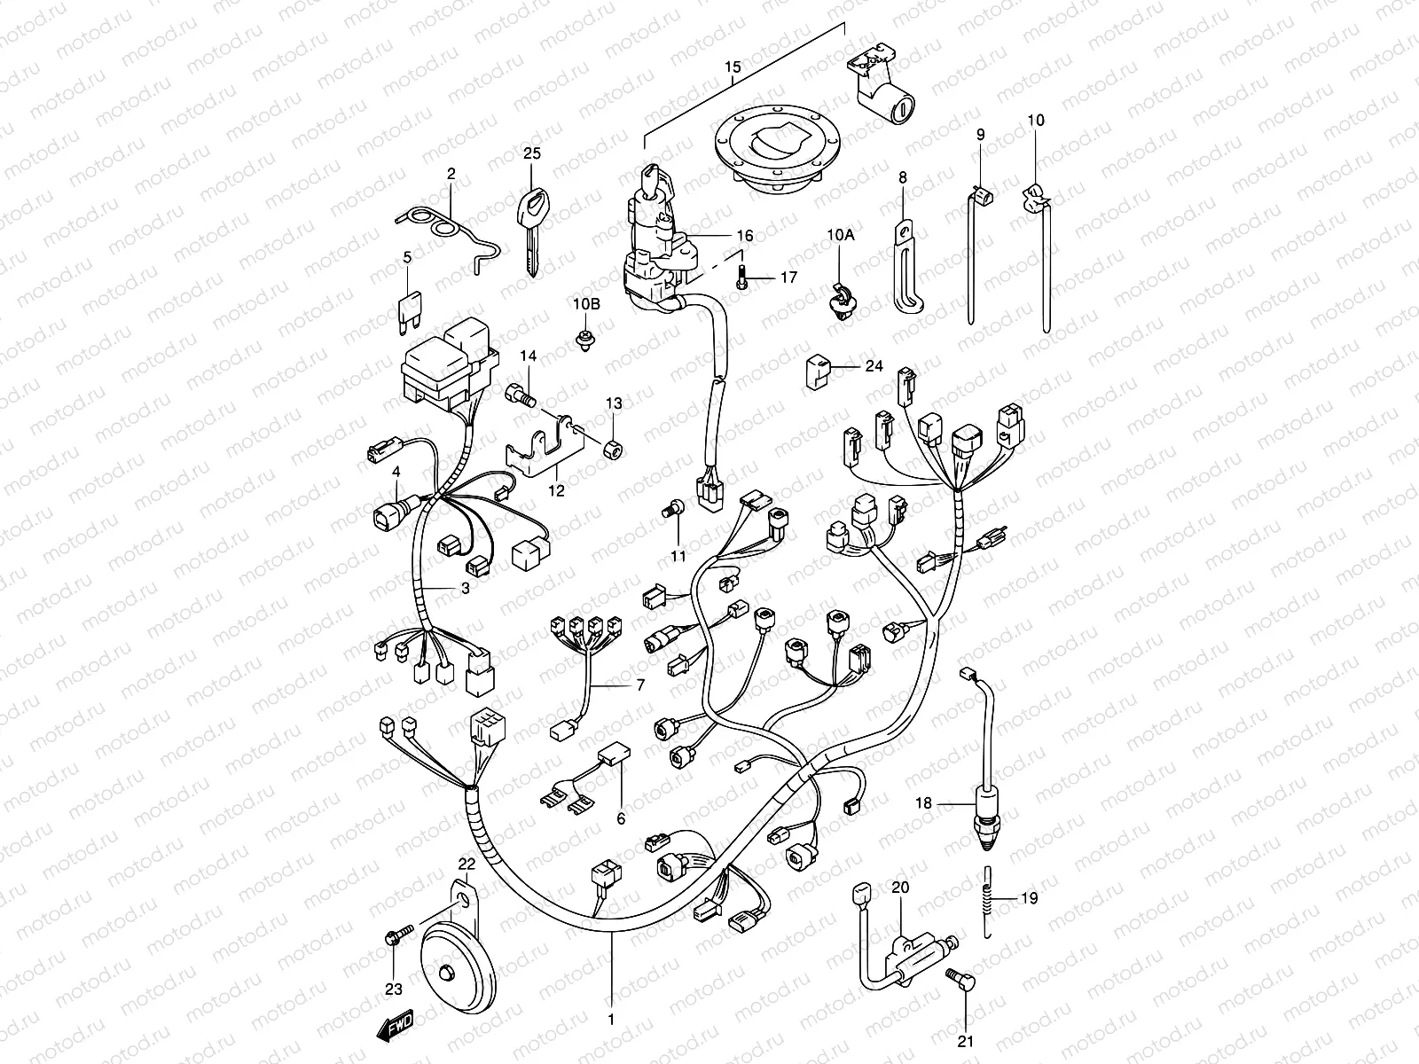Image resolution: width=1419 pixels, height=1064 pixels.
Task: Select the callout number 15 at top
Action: pos(733,68)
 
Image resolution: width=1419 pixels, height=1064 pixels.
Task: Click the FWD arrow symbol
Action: pos(394,1029)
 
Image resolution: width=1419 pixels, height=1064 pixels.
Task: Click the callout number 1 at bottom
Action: pos(610,1020)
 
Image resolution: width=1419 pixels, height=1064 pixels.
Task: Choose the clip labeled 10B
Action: pos(584,340)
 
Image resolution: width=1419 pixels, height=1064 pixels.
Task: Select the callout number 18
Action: pos(924,804)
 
